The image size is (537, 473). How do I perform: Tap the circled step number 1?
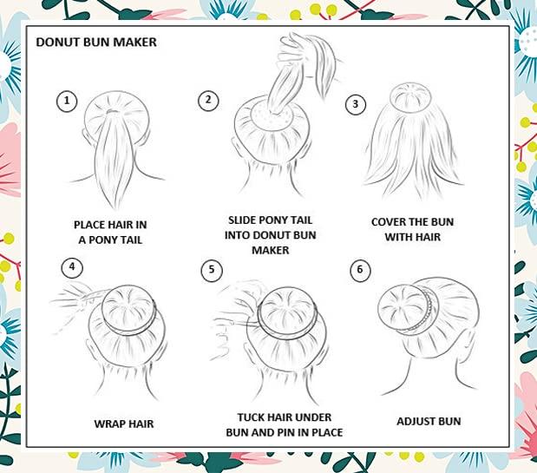67,100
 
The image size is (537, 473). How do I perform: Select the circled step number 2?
206,100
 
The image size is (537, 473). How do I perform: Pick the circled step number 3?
353,104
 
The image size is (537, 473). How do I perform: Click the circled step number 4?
73,267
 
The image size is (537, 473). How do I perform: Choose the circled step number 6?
358,270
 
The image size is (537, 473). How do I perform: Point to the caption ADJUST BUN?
429,422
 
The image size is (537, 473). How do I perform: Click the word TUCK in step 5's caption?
252,417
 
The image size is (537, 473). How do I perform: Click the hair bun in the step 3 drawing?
408,99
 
